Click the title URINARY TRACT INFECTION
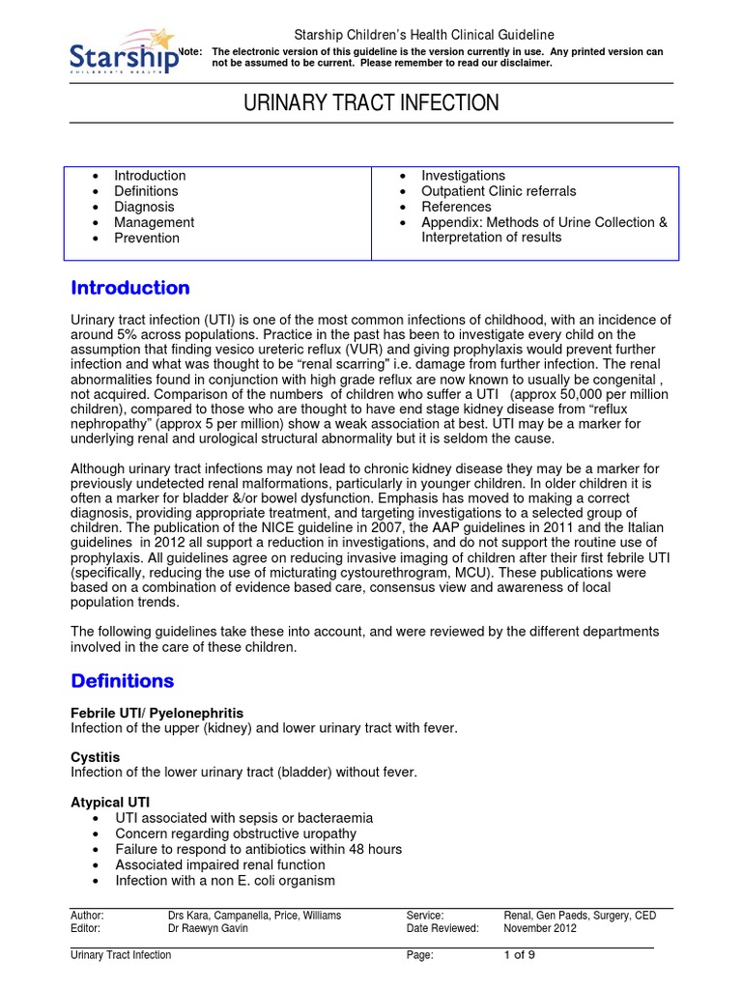click(371, 103)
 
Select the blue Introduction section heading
click(130, 288)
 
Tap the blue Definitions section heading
click(123, 681)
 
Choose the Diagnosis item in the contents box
click(144, 207)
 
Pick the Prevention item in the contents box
click(147, 238)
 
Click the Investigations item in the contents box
click(463, 176)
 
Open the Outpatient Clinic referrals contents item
click(499, 191)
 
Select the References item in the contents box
click(456, 207)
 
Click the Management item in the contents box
click(154, 222)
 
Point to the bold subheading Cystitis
click(96, 758)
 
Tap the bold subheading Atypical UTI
click(110, 803)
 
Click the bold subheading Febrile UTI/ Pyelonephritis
click(151, 713)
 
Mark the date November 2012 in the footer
click(540, 929)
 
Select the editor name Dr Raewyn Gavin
click(208, 929)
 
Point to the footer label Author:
click(88, 916)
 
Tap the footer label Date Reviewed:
click(442, 929)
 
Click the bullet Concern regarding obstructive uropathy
click(235, 834)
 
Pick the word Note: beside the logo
click(192, 51)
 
